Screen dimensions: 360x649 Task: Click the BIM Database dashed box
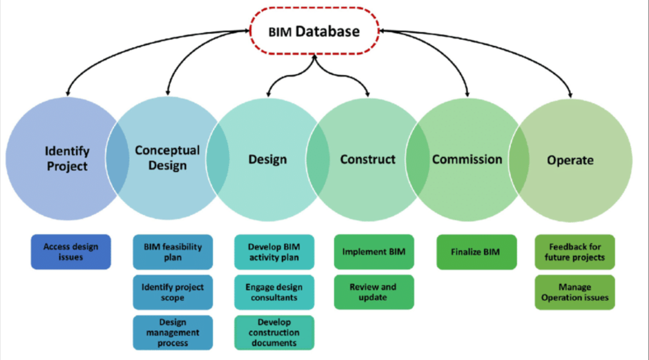pyautogui.click(x=314, y=31)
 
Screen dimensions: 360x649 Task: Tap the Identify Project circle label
pyautogui.click(x=67, y=159)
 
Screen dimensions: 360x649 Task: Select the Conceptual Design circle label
pyautogui.click(x=167, y=158)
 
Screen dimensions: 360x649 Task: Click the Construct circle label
pyautogui.click(x=368, y=159)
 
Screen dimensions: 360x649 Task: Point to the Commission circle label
pyautogui.click(x=467, y=159)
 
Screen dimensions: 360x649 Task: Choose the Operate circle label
pyautogui.click(x=570, y=160)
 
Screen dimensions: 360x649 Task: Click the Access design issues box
pyautogui.click(x=71, y=252)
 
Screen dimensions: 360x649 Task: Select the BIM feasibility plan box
pyautogui.click(x=173, y=252)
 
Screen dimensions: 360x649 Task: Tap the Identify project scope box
pyautogui.click(x=173, y=292)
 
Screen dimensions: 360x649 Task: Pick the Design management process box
pyautogui.click(x=173, y=332)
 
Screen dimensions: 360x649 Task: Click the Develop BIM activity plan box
pyautogui.click(x=274, y=252)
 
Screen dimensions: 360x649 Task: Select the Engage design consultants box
pyautogui.click(x=274, y=292)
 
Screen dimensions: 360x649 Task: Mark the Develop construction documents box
pyautogui.click(x=274, y=332)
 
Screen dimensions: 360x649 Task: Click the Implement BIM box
pyautogui.click(x=374, y=252)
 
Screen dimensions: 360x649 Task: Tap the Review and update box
pyautogui.click(x=374, y=292)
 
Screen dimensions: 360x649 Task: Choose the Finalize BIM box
pyautogui.click(x=476, y=252)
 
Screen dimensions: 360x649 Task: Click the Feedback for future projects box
pyautogui.click(x=575, y=252)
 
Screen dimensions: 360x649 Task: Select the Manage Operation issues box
pyautogui.click(x=575, y=292)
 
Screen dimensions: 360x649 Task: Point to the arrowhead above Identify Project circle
pyautogui.click(x=68, y=93)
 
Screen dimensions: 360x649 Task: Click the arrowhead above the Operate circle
pyautogui.click(x=570, y=95)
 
